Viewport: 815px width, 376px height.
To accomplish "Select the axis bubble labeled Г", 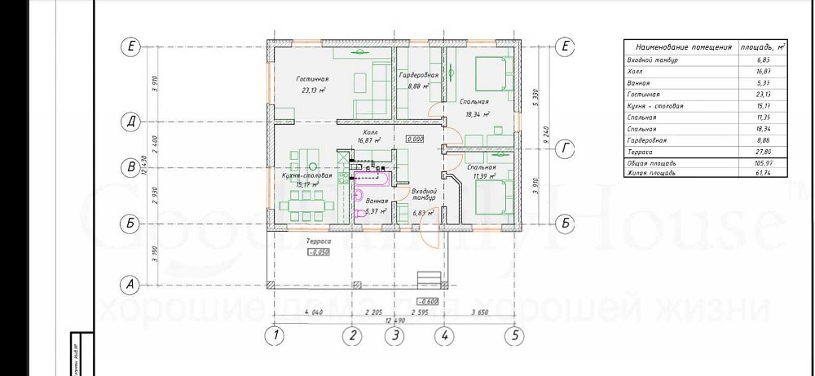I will tap(565, 148).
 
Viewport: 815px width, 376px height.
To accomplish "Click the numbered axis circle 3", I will tap(394, 334).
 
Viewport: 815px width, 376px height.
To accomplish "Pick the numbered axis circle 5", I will tap(514, 334).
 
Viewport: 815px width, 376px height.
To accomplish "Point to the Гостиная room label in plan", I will tap(310, 78).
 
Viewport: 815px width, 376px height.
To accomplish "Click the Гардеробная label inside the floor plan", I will tap(418, 75).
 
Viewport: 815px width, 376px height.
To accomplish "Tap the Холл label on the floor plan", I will tap(370, 130).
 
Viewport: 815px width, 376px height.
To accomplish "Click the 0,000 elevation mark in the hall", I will tap(415, 139).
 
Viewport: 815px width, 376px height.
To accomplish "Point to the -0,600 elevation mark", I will tap(428, 301).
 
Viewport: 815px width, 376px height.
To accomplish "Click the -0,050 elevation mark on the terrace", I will tap(317, 253).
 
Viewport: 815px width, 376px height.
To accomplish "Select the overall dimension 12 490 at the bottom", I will tap(394, 319).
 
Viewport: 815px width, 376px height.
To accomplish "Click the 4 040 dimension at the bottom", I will tap(312, 312).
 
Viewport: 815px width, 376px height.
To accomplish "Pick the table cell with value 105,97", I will tap(760, 163).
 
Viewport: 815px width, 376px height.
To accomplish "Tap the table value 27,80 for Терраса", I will tap(760, 152).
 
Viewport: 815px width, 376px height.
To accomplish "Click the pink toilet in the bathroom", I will tap(359, 194).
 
